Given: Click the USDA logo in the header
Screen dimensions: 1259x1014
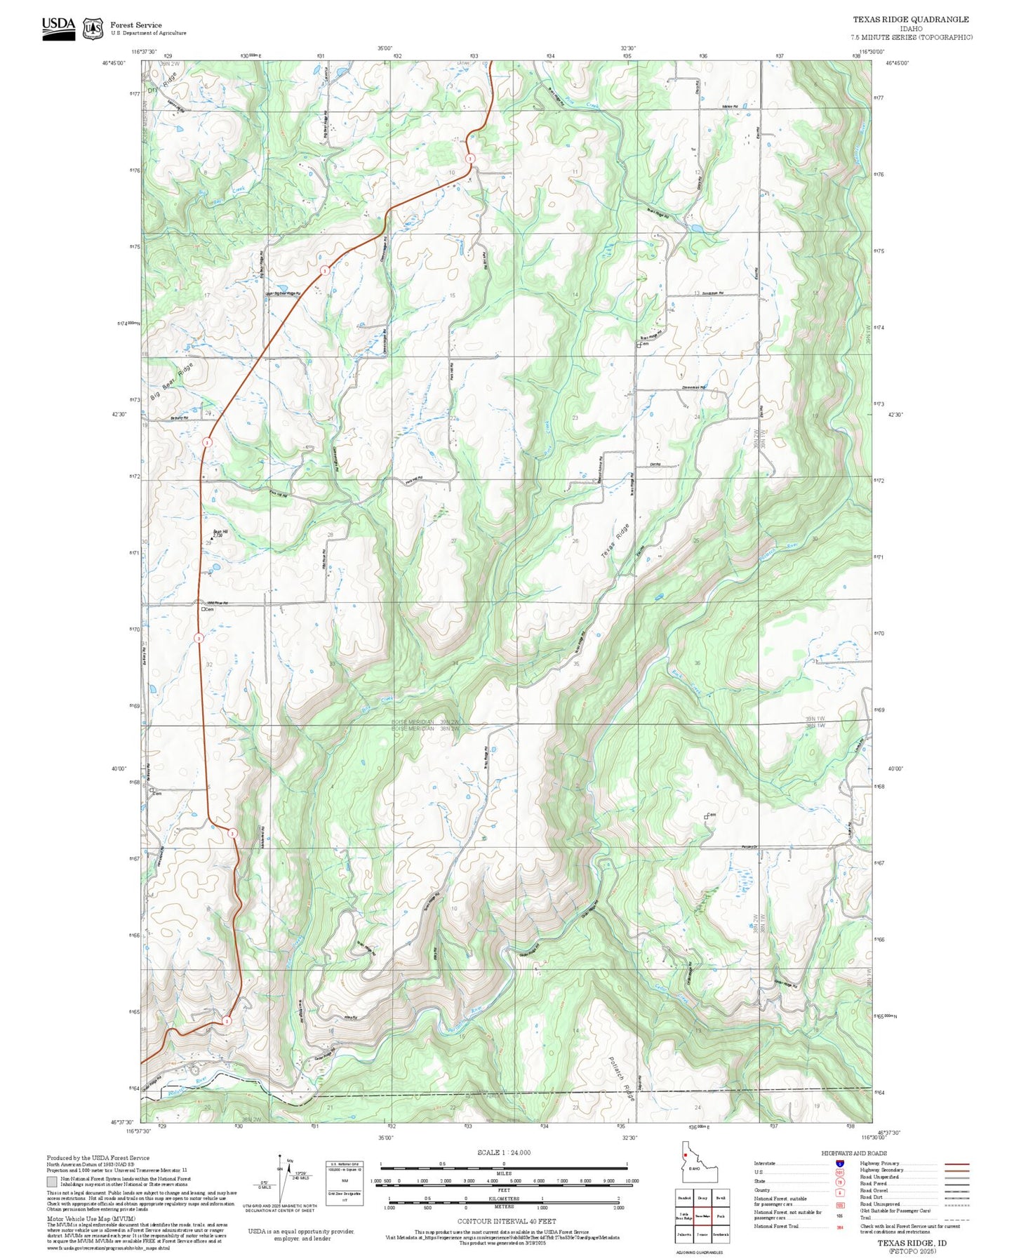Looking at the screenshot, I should [58, 28].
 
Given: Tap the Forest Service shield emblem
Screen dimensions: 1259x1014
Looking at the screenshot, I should [93, 29].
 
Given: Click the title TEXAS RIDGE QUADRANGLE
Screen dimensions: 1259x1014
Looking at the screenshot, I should [910, 20].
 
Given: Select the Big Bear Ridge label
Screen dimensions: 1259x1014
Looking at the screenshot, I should [171, 382].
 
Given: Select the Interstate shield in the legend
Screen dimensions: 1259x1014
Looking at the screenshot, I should [839, 1164].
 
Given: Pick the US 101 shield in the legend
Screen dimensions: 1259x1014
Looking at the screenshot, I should [839, 1172].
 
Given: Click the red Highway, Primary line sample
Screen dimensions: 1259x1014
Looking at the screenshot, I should [956, 1164].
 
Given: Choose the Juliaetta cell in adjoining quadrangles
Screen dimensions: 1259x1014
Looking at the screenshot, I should [683, 1234].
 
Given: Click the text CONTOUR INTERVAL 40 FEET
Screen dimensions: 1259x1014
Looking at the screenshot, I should [503, 1222].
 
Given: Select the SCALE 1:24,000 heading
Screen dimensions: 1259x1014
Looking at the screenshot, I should [503, 1152].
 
